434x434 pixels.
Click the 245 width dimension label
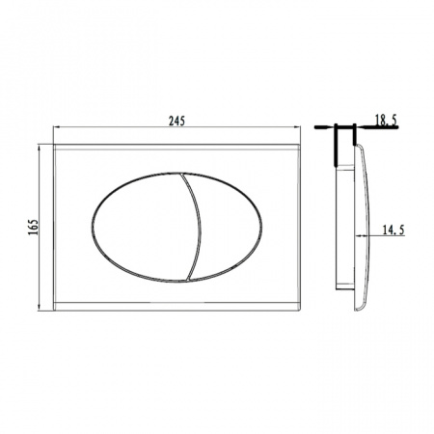point(176,121)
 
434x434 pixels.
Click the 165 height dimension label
point(33,227)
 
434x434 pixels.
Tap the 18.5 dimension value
point(386,120)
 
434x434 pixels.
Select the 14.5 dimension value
point(393,231)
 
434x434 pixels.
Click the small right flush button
point(230,227)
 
